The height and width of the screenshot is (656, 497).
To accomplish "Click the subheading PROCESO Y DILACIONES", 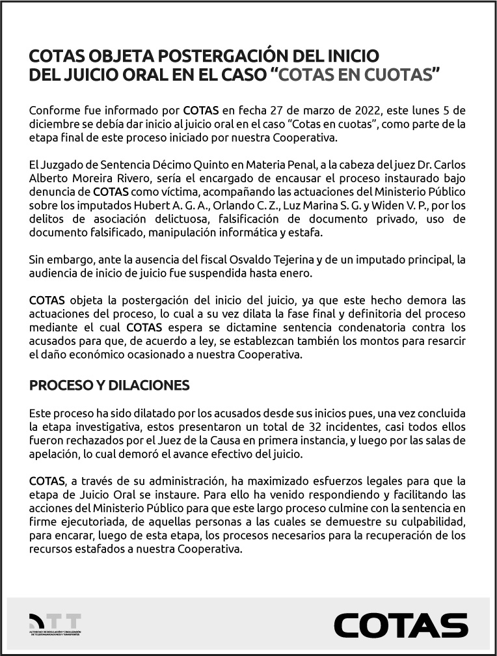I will coord(109,385).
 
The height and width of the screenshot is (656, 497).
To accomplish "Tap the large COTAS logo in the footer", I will coord(401,625).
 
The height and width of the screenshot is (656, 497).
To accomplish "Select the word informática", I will coord(254,232).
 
